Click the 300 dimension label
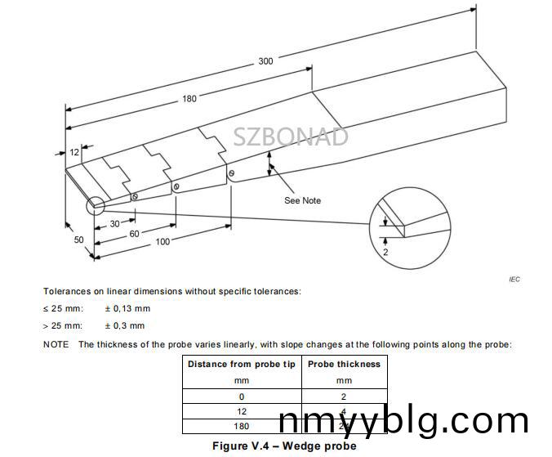tap(266, 60)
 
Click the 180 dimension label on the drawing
tap(189, 99)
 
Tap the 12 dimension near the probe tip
tap(74, 152)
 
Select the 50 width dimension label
tap(79, 240)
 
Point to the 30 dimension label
tap(115, 223)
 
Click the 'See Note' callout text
tap(302, 200)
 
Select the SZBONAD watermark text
tap(291, 137)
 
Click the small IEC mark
tap(514, 280)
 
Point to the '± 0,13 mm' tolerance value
tap(127, 308)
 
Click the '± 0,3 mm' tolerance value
tap(125, 325)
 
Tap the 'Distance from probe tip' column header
tap(242, 364)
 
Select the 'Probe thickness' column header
tap(344, 364)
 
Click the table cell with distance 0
tap(242, 396)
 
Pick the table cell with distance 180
tap(242, 426)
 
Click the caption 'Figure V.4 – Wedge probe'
tap(284, 446)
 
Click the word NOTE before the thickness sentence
tap(56, 344)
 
